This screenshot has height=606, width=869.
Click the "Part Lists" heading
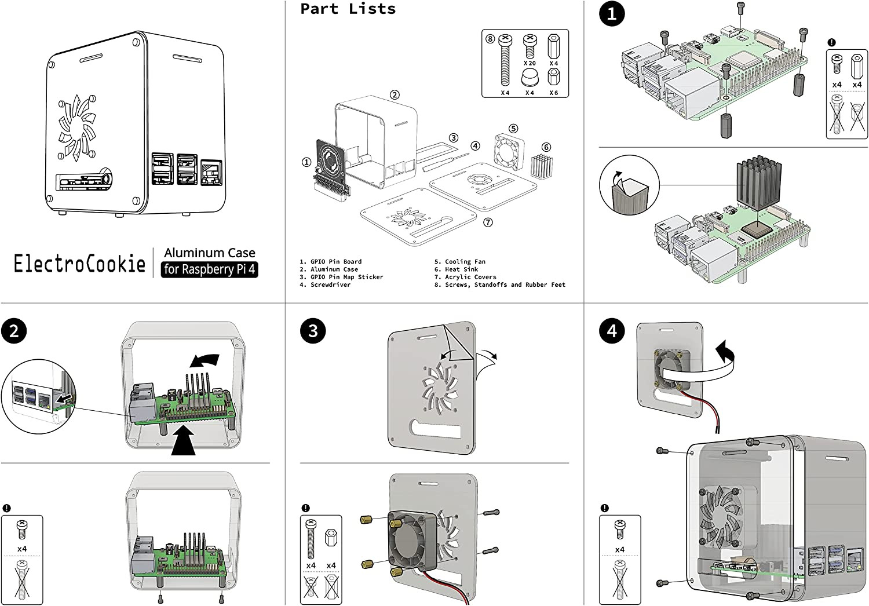pos(348,9)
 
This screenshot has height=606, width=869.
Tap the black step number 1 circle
pos(612,13)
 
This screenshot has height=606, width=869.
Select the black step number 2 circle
pos(14,331)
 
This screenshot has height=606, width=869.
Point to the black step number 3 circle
pos(313,331)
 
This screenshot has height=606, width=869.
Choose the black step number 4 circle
pos(612,331)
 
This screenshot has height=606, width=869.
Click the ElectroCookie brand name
pos(80,264)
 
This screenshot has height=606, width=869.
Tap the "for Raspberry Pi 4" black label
pos(210,269)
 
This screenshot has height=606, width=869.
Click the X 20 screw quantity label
pos(530,63)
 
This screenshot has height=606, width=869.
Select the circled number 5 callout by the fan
pos(513,129)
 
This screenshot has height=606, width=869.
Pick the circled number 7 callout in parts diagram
pos(488,222)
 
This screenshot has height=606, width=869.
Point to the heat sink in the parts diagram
pos(542,167)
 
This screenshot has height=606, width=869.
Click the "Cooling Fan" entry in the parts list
pos(465,261)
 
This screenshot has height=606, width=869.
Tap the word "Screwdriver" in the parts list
pos(331,285)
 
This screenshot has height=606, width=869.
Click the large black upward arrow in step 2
pos(183,440)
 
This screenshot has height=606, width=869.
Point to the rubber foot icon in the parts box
pos(530,77)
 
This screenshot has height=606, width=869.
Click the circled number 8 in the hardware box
pos(490,39)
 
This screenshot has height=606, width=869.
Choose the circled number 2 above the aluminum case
pos(395,94)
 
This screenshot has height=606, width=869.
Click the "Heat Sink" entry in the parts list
pos(462,269)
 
